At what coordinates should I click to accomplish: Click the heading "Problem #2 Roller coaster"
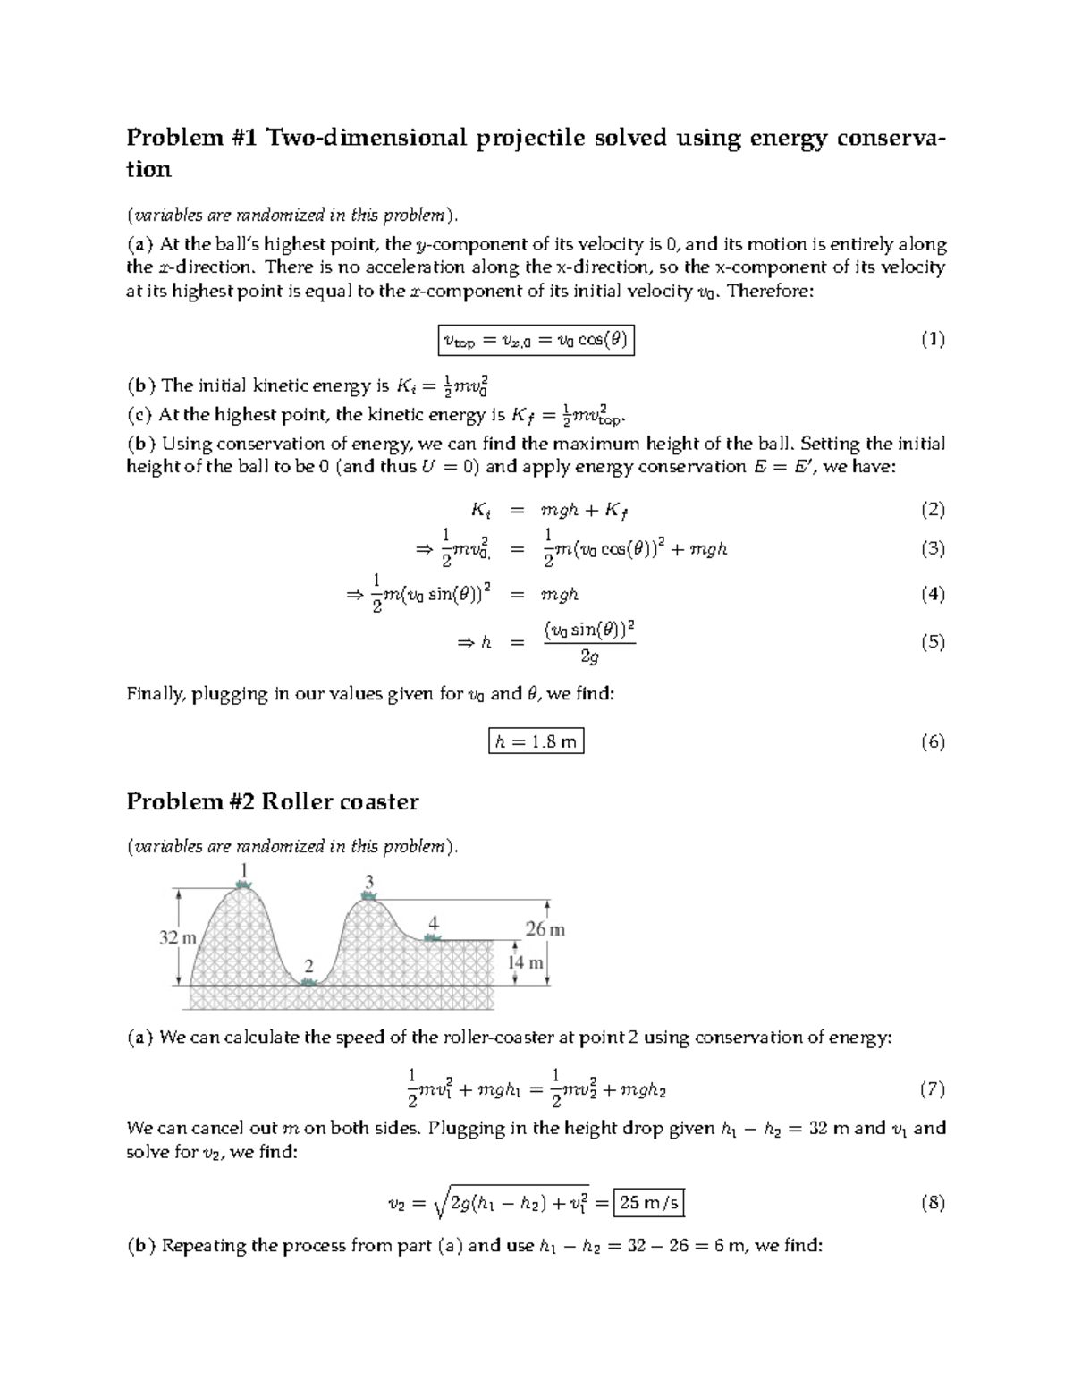[x=272, y=801]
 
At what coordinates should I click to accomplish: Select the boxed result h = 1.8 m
[x=536, y=741]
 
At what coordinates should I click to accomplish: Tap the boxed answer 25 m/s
[x=649, y=1203]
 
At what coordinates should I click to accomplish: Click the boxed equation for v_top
[x=536, y=340]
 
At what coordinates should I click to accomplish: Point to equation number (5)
[x=933, y=642]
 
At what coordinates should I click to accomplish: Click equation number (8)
[x=933, y=1203]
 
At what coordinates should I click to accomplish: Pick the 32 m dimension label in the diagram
[x=177, y=938]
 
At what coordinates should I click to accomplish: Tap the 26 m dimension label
[x=545, y=929]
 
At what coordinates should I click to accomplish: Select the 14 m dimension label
[x=526, y=963]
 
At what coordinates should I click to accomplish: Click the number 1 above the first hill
[x=243, y=869]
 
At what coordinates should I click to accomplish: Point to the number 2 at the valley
[x=309, y=966]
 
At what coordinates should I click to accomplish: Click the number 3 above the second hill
[x=368, y=883]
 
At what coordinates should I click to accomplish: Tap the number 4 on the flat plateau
[x=433, y=923]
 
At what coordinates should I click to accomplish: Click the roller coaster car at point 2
[x=309, y=982]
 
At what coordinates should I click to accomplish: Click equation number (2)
[x=933, y=510]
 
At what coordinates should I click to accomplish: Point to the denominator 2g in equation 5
[x=589, y=657]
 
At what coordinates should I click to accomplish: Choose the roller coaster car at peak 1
[x=243, y=885]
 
